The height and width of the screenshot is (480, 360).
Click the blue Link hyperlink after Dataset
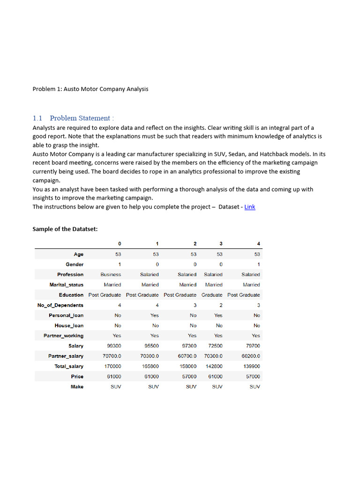pos(250,207)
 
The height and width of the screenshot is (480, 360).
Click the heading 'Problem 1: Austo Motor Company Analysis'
pos(90,89)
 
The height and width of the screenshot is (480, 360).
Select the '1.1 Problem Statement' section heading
pos(74,118)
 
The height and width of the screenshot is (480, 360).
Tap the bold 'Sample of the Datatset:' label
pos(65,229)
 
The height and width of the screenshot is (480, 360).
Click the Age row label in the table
pos(78,254)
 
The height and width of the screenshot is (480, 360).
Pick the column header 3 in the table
pos(221,243)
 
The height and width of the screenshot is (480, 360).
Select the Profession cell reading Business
pos(111,274)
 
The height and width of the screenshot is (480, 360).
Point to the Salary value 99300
pos(112,346)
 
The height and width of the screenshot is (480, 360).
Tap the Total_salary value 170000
pos(112,366)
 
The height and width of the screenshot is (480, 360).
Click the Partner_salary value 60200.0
pos(250,356)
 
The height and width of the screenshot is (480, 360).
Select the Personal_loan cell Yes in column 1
pos(154,315)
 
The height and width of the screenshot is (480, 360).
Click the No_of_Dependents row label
pos(60,305)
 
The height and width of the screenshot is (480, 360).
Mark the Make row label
pos(77,387)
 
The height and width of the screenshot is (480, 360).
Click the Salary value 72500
pos(215,346)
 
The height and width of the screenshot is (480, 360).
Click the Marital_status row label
pos(67,285)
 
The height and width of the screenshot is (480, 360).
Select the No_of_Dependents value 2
pos(221,305)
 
